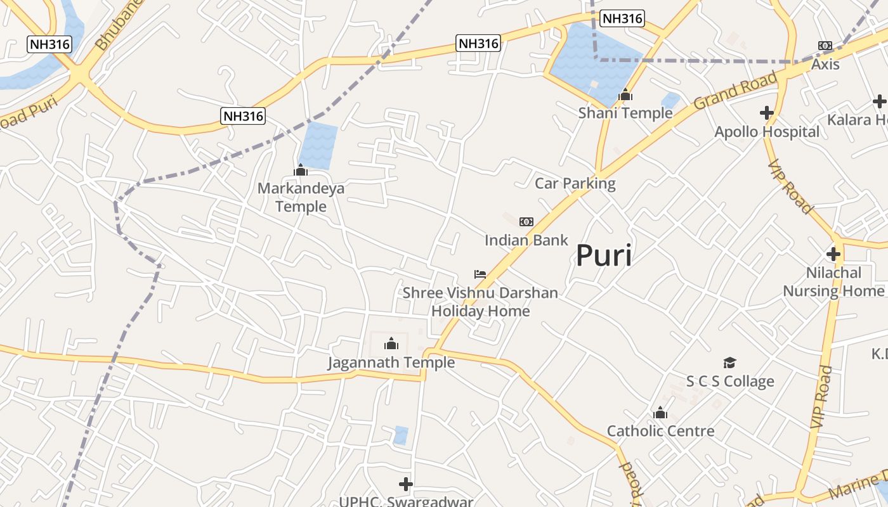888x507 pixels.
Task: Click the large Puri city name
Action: point(603,256)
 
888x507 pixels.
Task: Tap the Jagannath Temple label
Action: point(391,363)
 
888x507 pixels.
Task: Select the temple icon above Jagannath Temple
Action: point(391,344)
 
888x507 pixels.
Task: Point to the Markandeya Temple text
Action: point(301,197)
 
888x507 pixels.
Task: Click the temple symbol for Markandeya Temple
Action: point(301,170)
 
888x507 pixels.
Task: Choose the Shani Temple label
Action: point(625,113)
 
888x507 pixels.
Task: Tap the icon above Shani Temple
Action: point(625,95)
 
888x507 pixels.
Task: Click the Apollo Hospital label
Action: point(767,132)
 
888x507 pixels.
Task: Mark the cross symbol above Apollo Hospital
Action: point(767,113)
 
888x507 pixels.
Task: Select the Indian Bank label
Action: point(526,240)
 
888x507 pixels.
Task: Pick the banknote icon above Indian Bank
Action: point(526,222)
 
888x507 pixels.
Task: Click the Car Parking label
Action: point(575,184)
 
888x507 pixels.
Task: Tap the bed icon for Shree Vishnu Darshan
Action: point(480,274)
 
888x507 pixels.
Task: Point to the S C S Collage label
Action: point(730,381)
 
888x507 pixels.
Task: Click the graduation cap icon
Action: point(730,363)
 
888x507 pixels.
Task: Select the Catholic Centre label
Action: point(660,431)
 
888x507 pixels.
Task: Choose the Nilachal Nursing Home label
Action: point(833,282)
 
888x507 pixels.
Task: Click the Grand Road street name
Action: point(736,91)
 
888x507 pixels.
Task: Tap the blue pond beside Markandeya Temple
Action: point(318,145)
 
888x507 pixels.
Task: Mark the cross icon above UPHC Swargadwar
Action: point(406,485)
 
